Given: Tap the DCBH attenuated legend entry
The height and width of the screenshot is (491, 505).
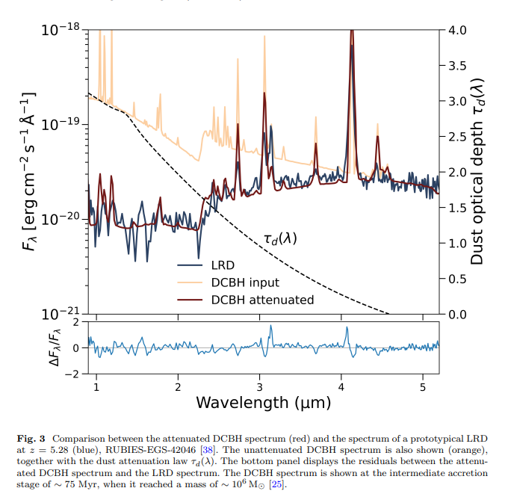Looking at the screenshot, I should pos(262,300).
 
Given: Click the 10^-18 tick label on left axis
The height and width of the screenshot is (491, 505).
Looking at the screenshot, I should pos(61,29).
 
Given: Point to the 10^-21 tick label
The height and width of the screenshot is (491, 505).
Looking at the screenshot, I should pos(61,314).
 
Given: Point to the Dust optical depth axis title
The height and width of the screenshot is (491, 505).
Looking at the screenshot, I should pos(479,171).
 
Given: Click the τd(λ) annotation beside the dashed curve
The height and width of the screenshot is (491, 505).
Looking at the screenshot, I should pos(280,239).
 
